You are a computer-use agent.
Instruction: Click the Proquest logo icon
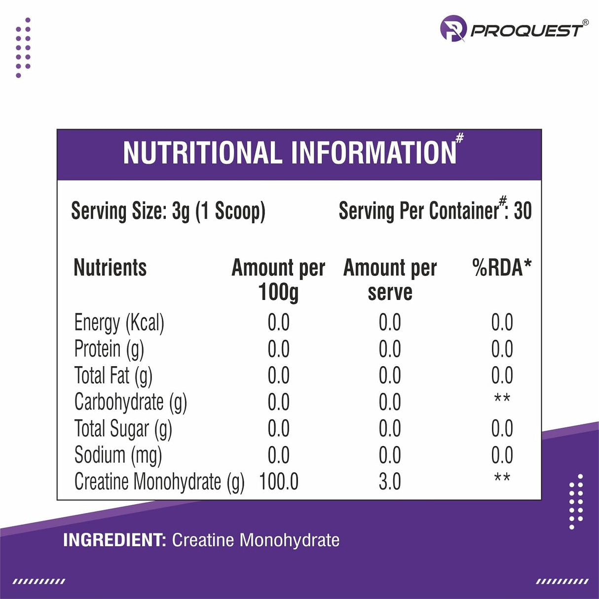453,28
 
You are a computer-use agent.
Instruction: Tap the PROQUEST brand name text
527,31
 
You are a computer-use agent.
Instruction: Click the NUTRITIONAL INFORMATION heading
290,153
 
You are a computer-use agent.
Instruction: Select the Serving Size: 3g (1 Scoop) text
168,211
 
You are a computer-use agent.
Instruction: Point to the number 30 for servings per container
523,211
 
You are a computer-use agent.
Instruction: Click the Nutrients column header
110,268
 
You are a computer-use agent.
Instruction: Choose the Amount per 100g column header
278,279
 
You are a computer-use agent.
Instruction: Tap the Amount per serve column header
390,279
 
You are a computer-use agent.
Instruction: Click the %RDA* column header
502,268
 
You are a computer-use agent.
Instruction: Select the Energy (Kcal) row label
119,323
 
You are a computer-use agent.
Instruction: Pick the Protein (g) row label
109,349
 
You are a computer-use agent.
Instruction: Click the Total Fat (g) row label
113,376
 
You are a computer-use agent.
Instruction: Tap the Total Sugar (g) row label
123,429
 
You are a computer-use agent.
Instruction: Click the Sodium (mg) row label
118,455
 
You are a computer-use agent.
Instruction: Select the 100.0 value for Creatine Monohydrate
279,482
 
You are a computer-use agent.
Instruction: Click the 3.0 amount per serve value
390,482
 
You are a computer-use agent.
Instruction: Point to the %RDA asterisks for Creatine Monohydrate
502,478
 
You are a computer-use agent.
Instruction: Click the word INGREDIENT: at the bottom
114,540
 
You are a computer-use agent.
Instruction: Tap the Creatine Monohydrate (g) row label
159,482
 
